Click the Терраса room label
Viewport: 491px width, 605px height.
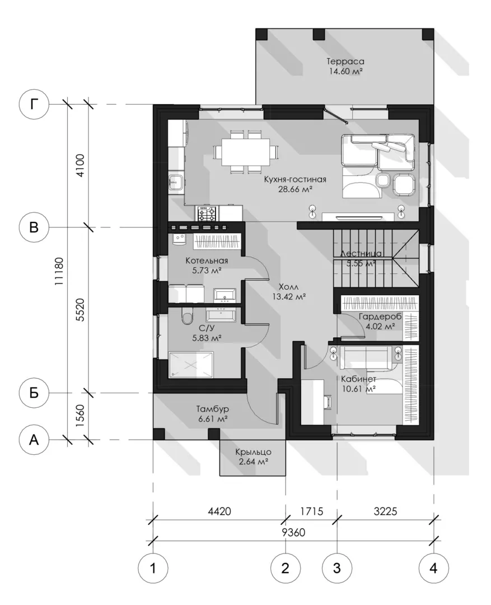click(x=345, y=62)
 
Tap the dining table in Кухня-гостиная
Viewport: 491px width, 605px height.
click(x=245, y=152)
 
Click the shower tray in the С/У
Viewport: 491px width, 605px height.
click(x=191, y=364)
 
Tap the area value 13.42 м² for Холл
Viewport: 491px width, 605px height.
click(x=289, y=297)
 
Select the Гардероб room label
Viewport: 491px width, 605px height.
click(x=380, y=317)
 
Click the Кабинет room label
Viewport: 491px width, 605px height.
click(x=359, y=379)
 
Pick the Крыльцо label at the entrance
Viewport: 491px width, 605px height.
click(x=254, y=452)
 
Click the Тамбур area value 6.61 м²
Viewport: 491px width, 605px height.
click(x=213, y=418)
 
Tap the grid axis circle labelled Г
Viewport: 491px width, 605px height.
click(x=34, y=104)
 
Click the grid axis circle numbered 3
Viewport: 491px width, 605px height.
click(x=337, y=568)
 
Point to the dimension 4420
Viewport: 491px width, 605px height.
click(x=219, y=511)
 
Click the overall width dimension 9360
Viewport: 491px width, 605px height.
click(x=293, y=533)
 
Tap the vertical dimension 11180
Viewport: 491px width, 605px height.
click(x=59, y=271)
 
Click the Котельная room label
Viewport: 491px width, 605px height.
click(x=207, y=260)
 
